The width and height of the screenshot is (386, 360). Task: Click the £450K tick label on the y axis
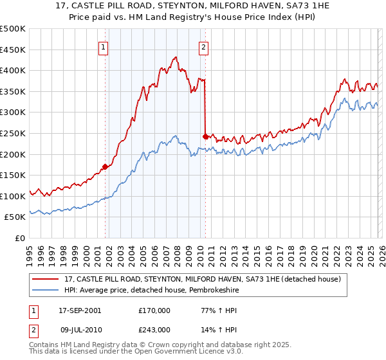[13, 50]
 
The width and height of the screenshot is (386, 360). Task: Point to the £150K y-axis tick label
[13, 175]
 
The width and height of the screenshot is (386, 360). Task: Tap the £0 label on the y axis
[19, 238]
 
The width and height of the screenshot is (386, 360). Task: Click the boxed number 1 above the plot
[104, 46]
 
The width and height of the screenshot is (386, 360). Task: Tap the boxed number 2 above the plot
[203, 46]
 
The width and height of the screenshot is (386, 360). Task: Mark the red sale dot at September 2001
[105, 166]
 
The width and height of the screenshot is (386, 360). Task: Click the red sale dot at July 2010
[205, 136]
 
